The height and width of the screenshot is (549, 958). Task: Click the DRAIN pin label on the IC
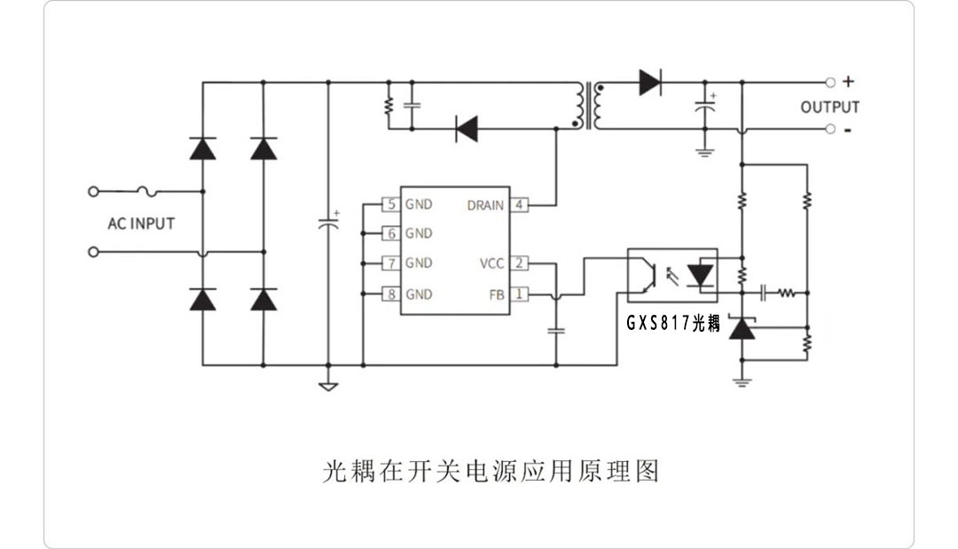(485, 205)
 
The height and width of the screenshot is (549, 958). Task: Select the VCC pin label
(491, 263)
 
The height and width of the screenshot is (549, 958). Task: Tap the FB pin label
(497, 294)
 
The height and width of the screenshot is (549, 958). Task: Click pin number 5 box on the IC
(390, 204)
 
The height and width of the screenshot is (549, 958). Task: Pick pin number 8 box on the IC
(390, 294)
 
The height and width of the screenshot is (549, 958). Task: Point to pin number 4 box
(520, 205)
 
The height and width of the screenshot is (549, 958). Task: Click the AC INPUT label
(141, 224)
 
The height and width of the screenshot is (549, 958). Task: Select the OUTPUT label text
(829, 107)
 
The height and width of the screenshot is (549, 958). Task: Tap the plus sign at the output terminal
(848, 82)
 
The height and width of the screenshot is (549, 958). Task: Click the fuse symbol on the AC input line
(148, 191)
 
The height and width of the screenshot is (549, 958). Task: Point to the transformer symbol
(587, 106)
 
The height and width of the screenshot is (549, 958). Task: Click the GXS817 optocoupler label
(674, 324)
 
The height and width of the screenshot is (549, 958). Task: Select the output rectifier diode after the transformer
(649, 82)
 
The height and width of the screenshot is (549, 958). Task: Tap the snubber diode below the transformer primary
(466, 129)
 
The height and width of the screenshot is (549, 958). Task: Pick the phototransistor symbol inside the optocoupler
(650, 275)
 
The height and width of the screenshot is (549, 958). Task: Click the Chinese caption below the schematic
(491, 470)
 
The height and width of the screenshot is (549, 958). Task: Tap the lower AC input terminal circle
(93, 252)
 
